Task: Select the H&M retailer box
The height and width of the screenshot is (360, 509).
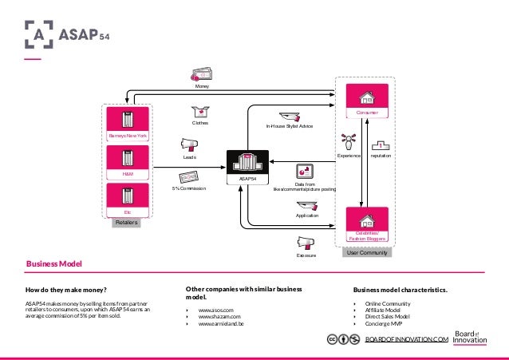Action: pos(128,162)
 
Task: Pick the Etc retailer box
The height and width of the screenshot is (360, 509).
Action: pos(128,199)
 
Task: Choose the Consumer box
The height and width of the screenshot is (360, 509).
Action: pos(367,102)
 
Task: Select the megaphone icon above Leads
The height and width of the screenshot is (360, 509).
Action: pos(190,144)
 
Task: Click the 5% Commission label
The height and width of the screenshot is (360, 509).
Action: pos(189,188)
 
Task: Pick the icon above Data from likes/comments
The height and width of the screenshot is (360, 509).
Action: pos(304,171)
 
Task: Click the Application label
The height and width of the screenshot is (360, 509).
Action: pos(307,216)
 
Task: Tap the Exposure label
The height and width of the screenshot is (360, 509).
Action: pos(307,256)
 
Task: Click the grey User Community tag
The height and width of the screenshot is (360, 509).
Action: pos(367,253)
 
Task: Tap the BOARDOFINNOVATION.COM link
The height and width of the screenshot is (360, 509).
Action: pos(407,340)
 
